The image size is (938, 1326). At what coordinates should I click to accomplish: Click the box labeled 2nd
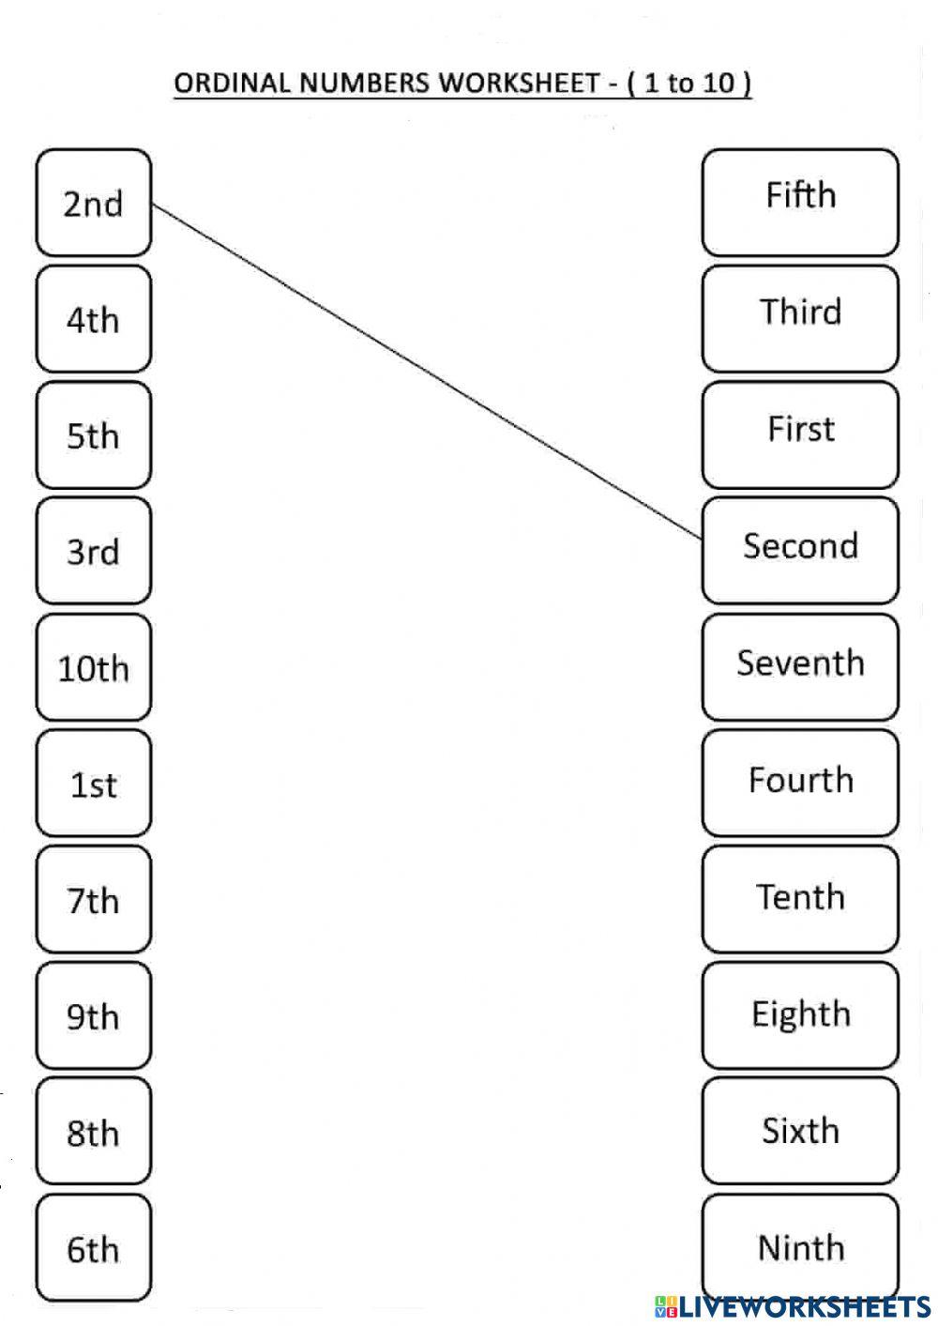(93, 203)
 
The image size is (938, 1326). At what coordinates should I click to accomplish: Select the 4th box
(93, 319)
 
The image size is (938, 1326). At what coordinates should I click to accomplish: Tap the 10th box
(93, 668)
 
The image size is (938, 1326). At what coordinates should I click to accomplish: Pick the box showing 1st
(93, 784)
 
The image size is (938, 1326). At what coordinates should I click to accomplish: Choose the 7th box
(93, 900)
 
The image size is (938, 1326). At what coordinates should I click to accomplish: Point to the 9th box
(93, 1016)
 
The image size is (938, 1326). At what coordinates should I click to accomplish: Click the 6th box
(93, 1248)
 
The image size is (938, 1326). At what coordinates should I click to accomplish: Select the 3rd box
(93, 551)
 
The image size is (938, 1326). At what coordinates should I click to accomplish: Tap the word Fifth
(800, 195)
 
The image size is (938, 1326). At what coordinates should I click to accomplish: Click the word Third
(800, 312)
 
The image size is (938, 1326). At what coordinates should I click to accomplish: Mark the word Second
(800, 545)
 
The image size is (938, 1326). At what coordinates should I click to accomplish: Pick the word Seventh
(800, 663)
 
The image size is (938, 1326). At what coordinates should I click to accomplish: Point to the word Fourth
(800, 780)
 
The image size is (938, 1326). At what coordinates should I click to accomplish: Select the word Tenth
(800, 896)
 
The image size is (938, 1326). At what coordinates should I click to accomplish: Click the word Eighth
(800, 1014)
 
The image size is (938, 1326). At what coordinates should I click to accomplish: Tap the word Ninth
(800, 1247)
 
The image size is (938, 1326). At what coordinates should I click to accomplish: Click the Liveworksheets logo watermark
(792, 1306)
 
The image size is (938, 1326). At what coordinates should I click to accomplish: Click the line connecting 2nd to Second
(427, 372)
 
